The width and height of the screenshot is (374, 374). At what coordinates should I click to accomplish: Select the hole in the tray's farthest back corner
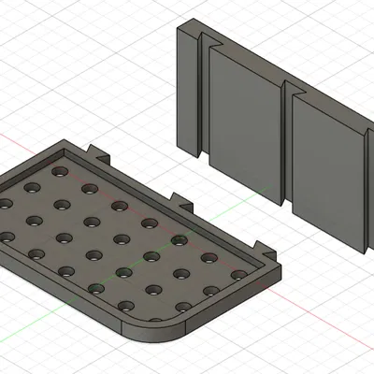coord(61,172)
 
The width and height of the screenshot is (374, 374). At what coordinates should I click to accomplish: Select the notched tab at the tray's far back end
coord(97,150)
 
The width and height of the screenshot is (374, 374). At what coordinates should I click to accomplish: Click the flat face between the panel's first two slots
coord(243,122)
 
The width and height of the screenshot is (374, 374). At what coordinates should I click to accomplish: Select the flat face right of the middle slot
coord(327,168)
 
